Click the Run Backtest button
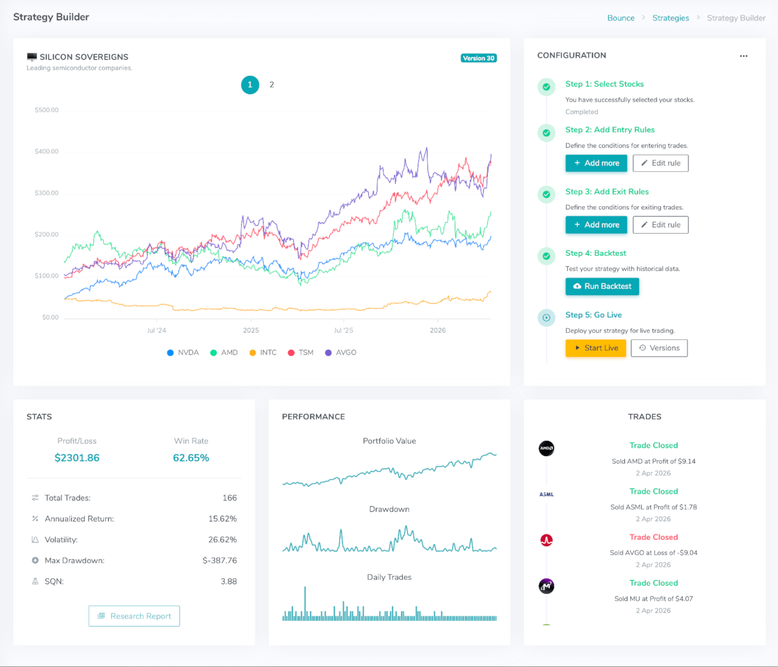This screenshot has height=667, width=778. pyautogui.click(x=602, y=286)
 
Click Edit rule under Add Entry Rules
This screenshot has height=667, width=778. pyautogui.click(x=660, y=163)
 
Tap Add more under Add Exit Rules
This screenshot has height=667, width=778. pyautogui.click(x=596, y=225)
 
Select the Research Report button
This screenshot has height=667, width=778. pyautogui.click(x=134, y=616)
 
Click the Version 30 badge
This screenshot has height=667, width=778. pyautogui.click(x=478, y=58)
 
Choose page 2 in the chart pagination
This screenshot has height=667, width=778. pyautogui.click(x=271, y=85)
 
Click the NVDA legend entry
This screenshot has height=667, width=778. pyautogui.click(x=183, y=353)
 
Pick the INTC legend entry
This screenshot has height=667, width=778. pyautogui.click(x=263, y=353)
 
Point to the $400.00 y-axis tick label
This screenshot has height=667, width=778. pyautogui.click(x=47, y=151)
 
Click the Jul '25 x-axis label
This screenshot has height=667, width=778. pyautogui.click(x=343, y=330)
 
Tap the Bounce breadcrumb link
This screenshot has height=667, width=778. pyautogui.click(x=621, y=18)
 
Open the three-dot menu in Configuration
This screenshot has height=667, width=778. pyautogui.click(x=744, y=56)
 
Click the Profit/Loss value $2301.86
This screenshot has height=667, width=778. pyautogui.click(x=77, y=458)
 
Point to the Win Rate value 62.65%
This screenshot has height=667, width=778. pyautogui.click(x=191, y=458)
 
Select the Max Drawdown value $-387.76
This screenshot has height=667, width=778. pyautogui.click(x=220, y=560)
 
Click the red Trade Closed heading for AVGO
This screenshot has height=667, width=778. pyautogui.click(x=653, y=537)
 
